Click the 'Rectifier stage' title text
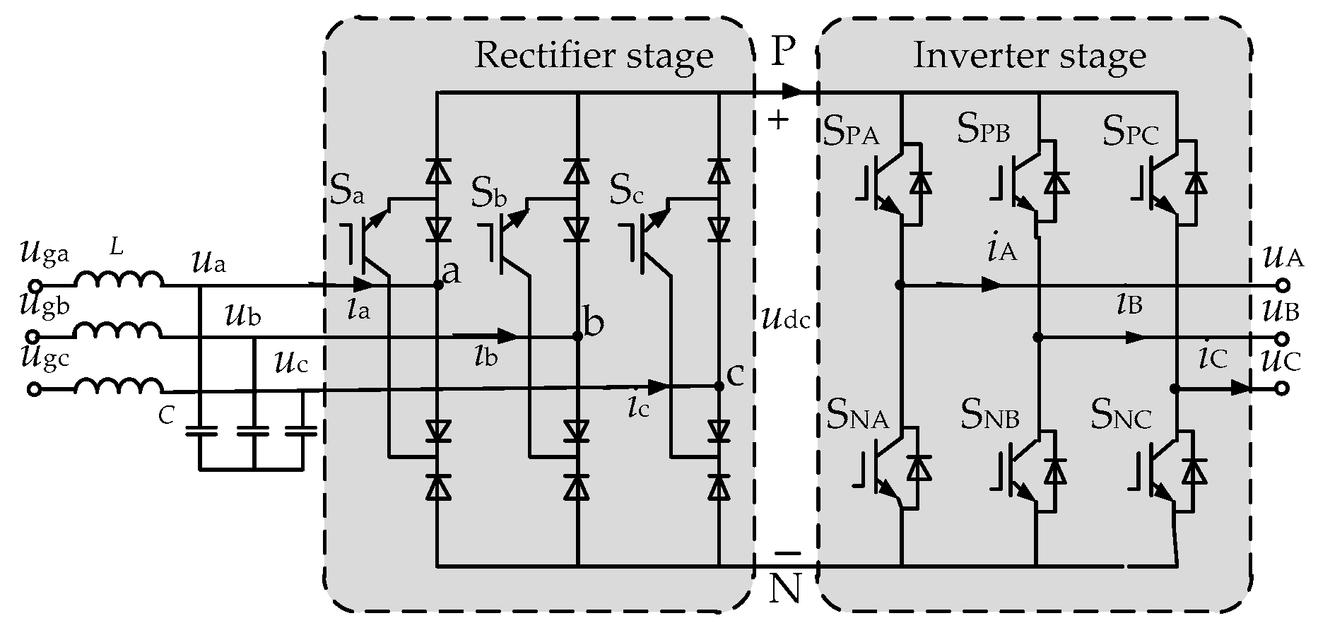tap(593, 56)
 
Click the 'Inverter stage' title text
tap(1029, 56)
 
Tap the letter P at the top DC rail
tap(782, 51)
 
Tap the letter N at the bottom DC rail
tap(784, 588)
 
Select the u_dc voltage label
tap(785, 319)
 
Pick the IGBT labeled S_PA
tap(883, 185)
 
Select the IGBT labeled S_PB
tap(1021, 185)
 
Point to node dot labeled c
tap(719, 386)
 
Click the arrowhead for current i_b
tap(508, 335)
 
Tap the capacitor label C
tap(167, 417)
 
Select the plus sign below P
tap(778, 121)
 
